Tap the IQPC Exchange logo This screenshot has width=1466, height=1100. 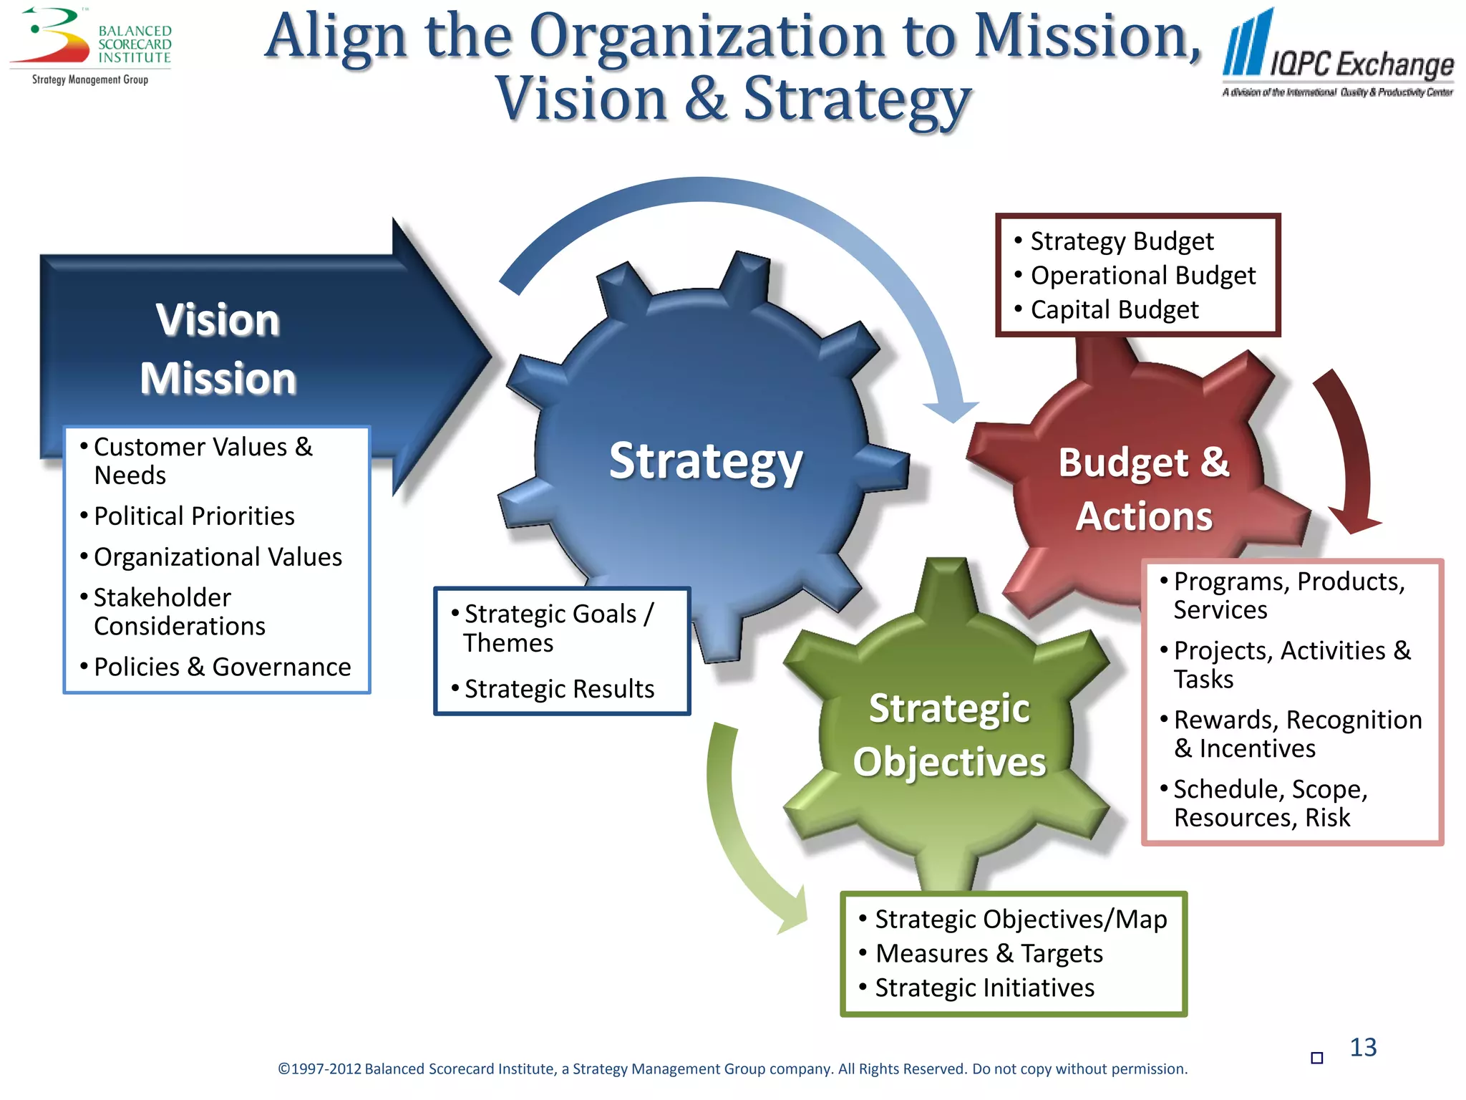point(1338,54)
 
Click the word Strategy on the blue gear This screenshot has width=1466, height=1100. point(706,461)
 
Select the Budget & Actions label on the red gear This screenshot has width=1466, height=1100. point(1144,489)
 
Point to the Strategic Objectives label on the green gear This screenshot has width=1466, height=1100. point(949,735)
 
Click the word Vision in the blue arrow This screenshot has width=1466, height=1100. point(218,319)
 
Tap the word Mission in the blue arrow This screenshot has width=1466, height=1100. point(218,378)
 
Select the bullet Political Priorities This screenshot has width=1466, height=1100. point(194,516)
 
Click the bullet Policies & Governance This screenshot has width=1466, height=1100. point(222,667)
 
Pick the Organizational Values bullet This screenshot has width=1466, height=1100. point(218,557)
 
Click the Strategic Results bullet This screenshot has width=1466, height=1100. point(559,689)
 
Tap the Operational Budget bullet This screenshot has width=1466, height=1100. point(1142,276)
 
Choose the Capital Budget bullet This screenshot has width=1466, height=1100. point(1114,310)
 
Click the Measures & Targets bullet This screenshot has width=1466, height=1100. point(989,954)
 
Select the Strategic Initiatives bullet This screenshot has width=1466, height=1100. point(984,988)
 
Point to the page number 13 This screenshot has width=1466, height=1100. point(1363,1048)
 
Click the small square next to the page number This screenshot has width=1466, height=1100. point(1316,1058)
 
